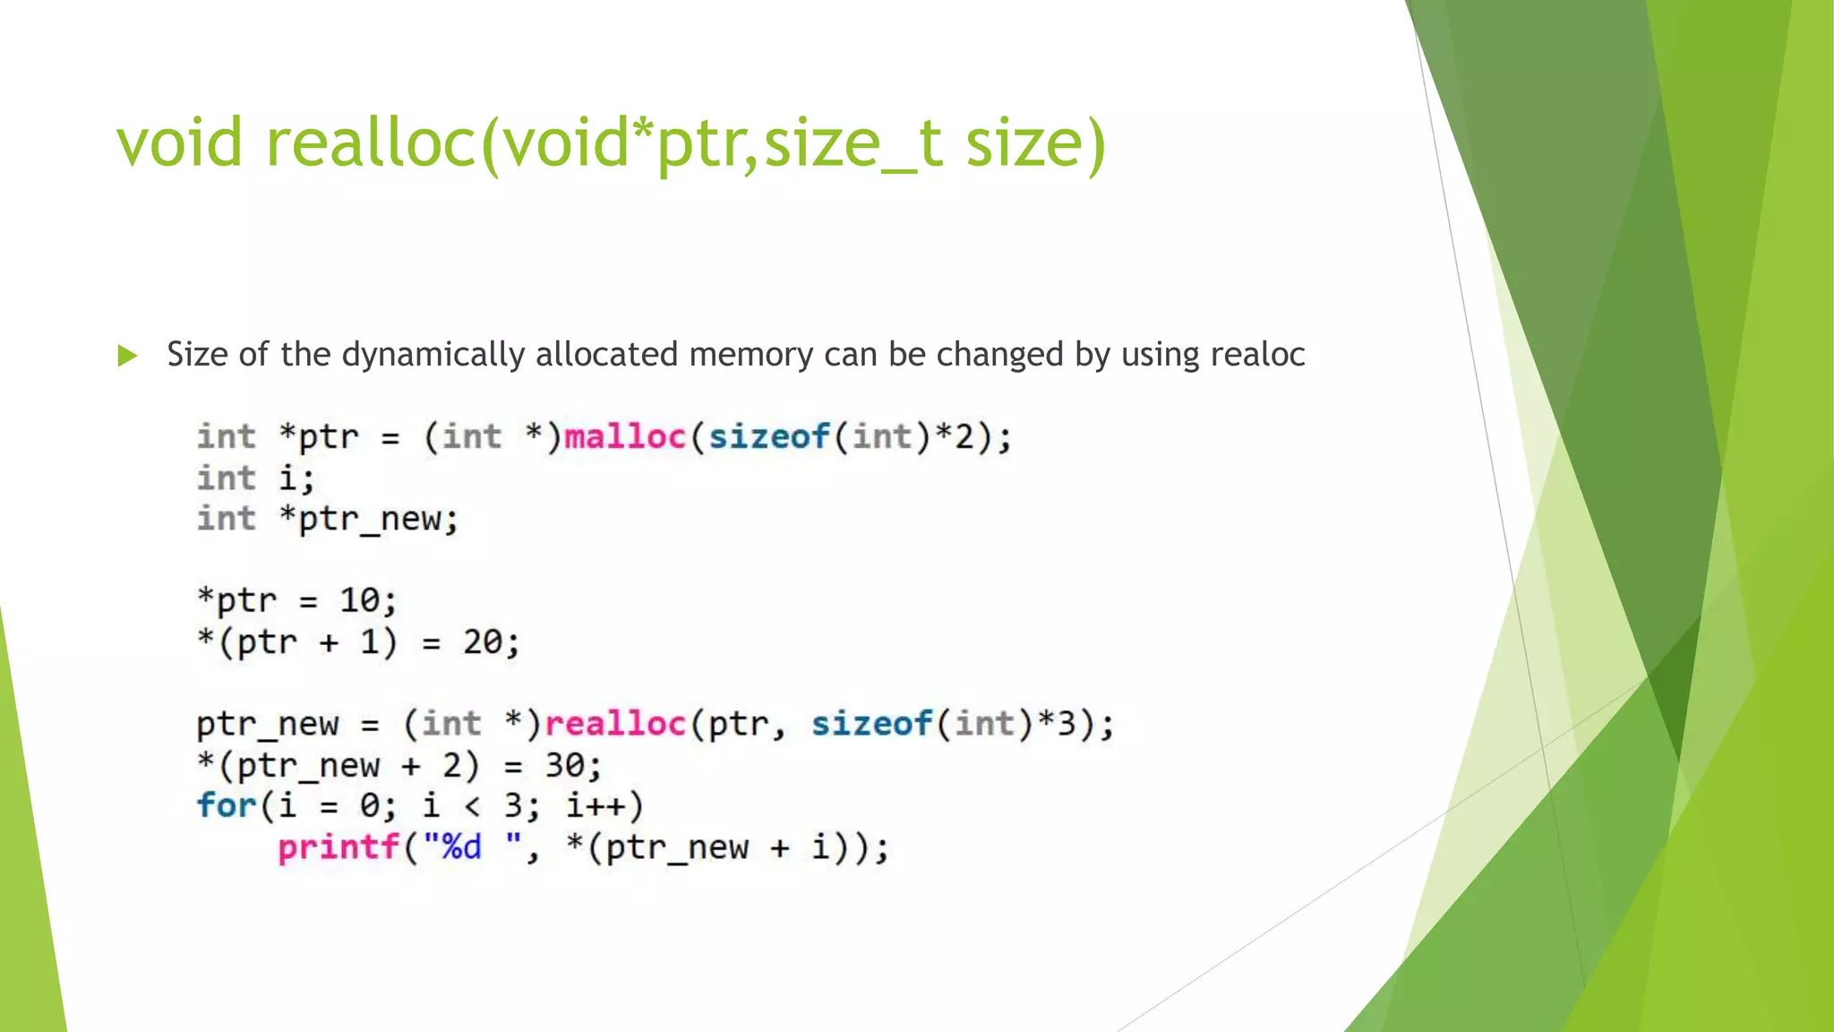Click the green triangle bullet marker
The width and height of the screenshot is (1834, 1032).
(x=127, y=356)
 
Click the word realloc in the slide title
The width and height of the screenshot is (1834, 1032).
(x=372, y=143)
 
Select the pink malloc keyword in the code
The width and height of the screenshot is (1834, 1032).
(x=625, y=437)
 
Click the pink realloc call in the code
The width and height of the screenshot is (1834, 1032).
(x=615, y=724)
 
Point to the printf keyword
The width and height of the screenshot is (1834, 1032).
(x=339, y=847)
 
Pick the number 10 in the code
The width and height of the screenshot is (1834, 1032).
(x=360, y=601)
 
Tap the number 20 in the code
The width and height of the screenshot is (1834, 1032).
(x=484, y=642)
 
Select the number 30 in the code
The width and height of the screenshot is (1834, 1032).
(x=565, y=766)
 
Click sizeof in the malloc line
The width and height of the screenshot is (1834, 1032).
(x=769, y=437)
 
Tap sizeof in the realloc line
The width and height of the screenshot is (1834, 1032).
(x=872, y=724)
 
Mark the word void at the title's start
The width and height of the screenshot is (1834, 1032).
(x=179, y=143)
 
